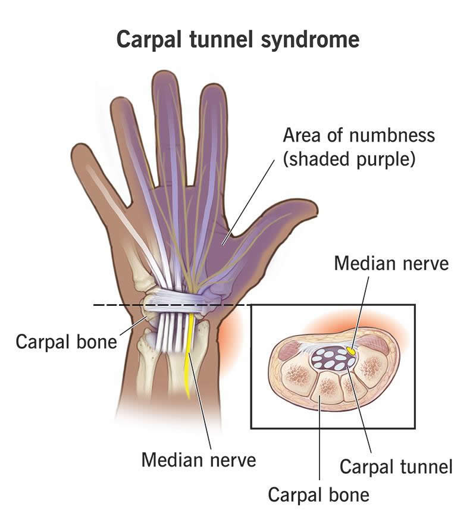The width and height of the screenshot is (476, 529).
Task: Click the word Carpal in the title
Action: click(149, 39)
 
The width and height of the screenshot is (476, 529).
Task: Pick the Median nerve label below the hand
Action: click(198, 459)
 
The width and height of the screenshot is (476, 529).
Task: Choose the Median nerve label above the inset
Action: click(391, 262)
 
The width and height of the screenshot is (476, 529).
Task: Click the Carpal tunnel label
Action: click(396, 466)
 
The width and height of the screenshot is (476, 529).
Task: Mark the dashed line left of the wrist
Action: click(116, 305)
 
